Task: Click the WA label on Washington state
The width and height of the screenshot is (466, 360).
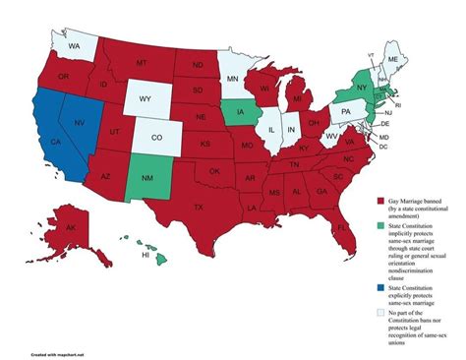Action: point(75,46)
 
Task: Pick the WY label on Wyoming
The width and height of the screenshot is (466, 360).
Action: point(143,98)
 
